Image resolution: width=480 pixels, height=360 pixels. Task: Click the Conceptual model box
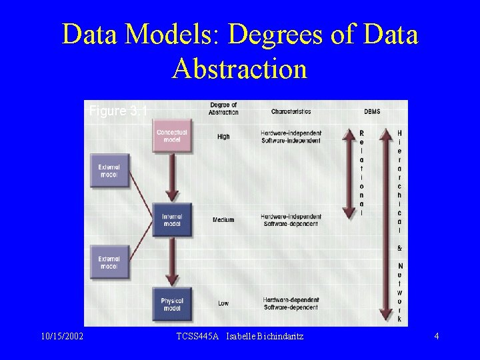tap(172, 136)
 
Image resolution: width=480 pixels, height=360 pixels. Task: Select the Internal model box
tap(172, 220)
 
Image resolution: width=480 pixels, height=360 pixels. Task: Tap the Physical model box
tap(172, 305)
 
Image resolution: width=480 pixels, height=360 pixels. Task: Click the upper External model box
tap(109, 171)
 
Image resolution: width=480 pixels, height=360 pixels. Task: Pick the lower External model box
tap(109, 262)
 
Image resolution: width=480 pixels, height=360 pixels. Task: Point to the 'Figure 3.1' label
tap(118, 111)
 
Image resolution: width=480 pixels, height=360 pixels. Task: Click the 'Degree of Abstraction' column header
tap(223, 109)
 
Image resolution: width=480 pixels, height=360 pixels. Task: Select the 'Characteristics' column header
tap(291, 111)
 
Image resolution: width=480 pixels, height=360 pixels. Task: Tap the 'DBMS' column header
tap(372, 111)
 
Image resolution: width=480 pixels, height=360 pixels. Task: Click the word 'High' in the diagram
tap(223, 137)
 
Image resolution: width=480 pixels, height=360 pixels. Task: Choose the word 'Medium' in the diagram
tap(223, 220)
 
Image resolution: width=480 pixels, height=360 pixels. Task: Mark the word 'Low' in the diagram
tap(223, 303)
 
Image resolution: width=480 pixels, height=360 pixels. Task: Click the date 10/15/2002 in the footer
tap(61, 337)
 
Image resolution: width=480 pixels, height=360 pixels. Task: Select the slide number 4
tap(436, 337)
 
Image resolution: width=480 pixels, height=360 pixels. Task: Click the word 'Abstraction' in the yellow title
tap(239, 69)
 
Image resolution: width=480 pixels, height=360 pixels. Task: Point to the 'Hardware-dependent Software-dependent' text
tap(291, 303)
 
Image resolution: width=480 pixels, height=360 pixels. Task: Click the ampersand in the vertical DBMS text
tap(399, 248)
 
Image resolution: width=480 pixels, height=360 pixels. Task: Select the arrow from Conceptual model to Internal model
tap(172, 177)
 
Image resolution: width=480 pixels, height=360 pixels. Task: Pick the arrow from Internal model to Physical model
tap(172, 261)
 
